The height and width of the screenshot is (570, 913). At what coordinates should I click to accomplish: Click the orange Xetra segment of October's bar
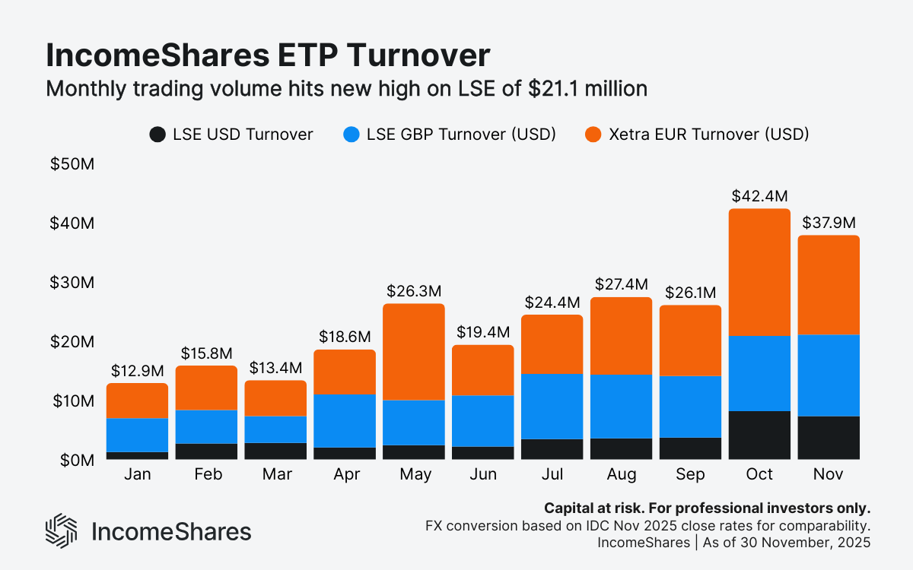[x=759, y=272]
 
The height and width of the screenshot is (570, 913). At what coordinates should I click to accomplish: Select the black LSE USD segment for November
[x=829, y=438]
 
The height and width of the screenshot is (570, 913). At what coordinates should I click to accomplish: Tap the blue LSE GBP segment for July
[x=552, y=406]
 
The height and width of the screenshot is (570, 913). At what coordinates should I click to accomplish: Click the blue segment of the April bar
[x=344, y=420]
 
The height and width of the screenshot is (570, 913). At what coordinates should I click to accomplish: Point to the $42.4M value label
[x=759, y=195]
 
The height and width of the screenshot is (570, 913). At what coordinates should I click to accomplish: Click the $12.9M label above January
[x=137, y=370]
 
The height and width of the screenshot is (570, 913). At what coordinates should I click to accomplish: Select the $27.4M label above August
[x=621, y=284]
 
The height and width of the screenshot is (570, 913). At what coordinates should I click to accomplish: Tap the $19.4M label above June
[x=482, y=332]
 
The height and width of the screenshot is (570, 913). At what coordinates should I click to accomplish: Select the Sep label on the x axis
[x=690, y=475]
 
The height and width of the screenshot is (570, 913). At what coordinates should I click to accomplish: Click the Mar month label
[x=275, y=475]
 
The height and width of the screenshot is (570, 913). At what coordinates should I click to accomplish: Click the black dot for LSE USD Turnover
[x=157, y=135]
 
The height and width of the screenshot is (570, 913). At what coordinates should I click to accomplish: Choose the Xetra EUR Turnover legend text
[x=708, y=135]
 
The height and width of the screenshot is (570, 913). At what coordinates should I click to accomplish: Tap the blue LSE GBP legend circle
[x=351, y=135]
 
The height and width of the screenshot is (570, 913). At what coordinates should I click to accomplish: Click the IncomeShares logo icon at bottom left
[x=62, y=530]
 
